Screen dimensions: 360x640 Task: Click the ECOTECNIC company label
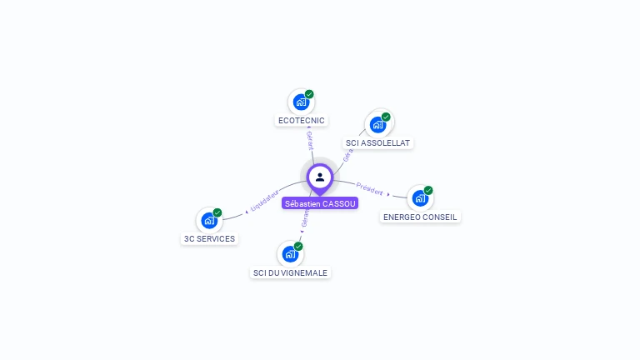301,121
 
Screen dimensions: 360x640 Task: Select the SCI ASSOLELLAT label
378,143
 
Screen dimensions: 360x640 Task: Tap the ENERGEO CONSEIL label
420,217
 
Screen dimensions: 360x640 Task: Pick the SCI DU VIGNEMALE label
291,272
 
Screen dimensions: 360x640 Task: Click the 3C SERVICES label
209,238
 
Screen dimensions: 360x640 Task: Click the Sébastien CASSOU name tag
320,203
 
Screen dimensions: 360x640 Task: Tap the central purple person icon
320,177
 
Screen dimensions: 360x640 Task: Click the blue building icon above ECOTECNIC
301,102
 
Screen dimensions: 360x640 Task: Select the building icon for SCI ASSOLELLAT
378,125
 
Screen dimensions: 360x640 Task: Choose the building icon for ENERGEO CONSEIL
420,198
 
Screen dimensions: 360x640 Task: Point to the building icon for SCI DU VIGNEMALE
290,253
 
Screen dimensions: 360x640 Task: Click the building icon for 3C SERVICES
209,221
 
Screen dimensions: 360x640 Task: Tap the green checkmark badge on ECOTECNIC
309,94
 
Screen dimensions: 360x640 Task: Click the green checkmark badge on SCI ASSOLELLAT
386,117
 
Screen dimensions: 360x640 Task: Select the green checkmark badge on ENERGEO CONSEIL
428,190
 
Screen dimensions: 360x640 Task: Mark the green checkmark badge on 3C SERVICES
217,212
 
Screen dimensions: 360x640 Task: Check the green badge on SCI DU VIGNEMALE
298,246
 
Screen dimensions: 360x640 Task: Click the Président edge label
369,187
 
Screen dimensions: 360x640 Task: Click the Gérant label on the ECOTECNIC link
310,140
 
